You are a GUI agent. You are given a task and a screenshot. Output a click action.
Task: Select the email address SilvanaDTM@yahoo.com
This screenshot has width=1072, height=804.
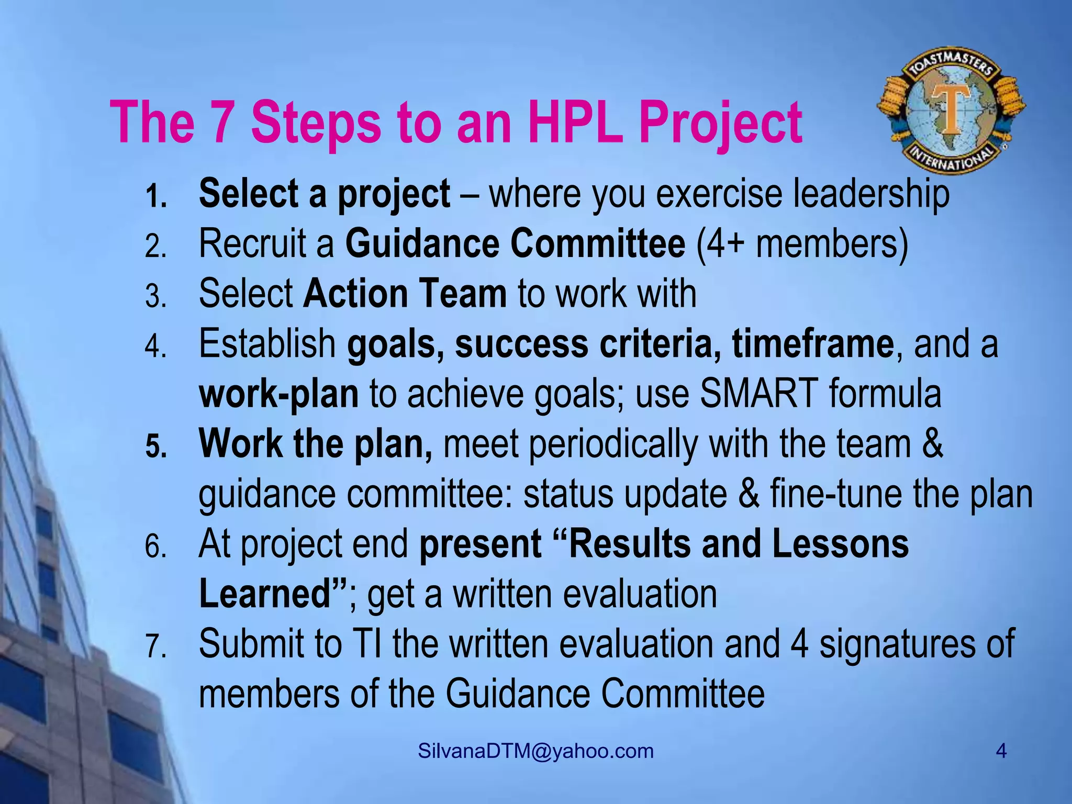(x=536, y=751)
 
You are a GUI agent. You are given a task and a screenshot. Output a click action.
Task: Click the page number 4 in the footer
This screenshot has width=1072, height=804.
(x=1001, y=751)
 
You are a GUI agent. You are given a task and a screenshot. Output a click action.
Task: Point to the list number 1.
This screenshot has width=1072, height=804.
(x=155, y=197)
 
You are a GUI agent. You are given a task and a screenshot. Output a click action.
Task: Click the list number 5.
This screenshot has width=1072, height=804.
(x=155, y=447)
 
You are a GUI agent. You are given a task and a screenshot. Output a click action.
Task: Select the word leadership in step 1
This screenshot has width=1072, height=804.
(x=871, y=194)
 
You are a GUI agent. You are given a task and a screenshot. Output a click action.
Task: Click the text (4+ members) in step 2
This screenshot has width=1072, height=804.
(x=802, y=243)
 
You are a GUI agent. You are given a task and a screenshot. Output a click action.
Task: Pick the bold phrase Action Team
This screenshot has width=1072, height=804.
(x=405, y=294)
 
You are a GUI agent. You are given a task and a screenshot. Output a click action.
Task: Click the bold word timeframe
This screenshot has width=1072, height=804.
(x=812, y=344)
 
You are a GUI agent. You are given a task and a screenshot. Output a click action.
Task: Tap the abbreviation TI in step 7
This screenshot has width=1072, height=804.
(x=367, y=644)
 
